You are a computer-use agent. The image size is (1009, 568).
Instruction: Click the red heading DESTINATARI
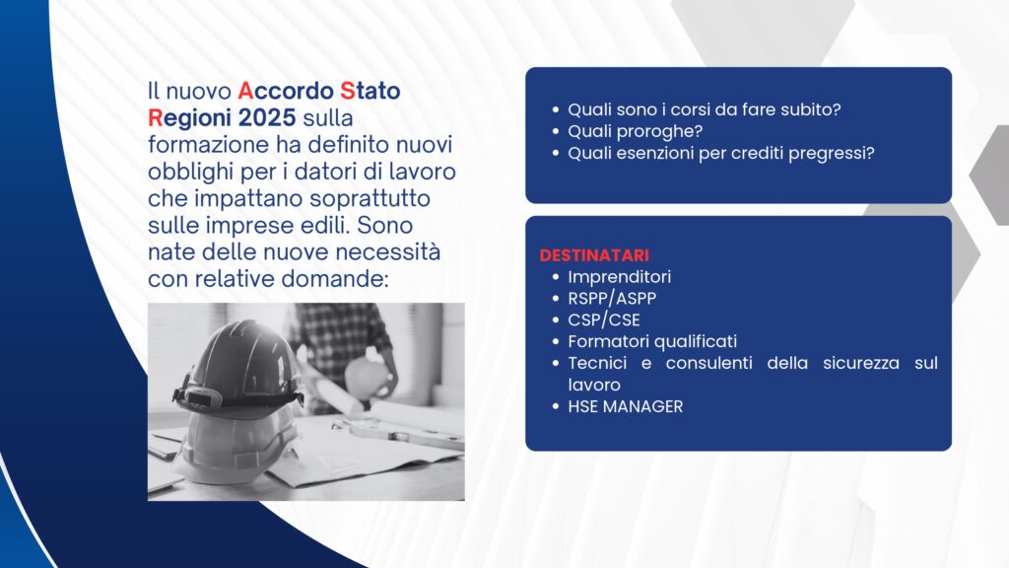point(594,255)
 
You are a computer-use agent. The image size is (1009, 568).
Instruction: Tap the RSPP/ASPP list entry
point(612,299)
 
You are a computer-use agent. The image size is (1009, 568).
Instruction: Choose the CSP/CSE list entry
point(604,320)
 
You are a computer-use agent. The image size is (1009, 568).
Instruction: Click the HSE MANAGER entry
point(626,406)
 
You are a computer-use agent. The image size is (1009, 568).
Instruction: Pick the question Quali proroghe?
point(636,131)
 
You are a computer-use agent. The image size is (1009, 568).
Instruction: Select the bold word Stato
point(370,91)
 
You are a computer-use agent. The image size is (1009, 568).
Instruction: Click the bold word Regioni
point(189,118)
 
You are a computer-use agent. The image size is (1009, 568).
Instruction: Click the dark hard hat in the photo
point(238,366)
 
